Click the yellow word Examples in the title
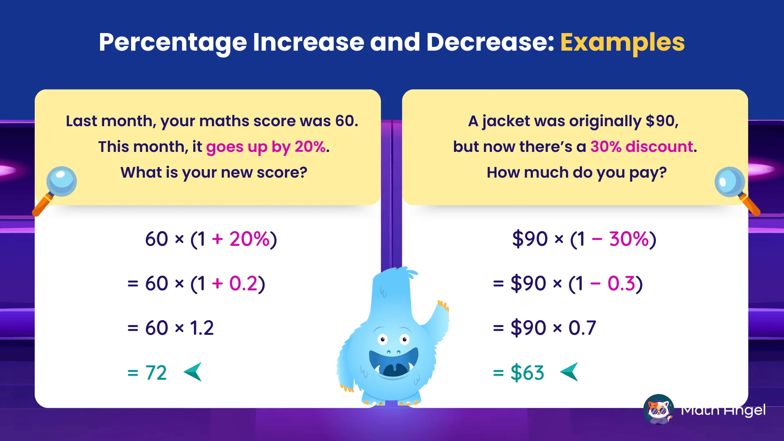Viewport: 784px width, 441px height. [622, 42]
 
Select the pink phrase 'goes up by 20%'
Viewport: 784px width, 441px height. [266, 147]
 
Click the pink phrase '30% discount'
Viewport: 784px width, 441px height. [642, 147]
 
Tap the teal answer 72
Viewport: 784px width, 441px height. [156, 373]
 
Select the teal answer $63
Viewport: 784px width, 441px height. [527, 373]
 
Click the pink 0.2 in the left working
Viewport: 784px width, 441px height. [243, 283]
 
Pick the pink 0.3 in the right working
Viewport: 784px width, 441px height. [621, 283]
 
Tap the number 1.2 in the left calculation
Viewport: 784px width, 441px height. [202, 328]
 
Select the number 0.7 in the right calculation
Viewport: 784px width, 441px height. [582, 328]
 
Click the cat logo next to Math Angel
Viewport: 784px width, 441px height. [658, 409]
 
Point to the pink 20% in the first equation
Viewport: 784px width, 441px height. [249, 239]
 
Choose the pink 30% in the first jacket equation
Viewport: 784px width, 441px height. [629, 239]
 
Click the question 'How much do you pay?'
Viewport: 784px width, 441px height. [576, 173]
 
